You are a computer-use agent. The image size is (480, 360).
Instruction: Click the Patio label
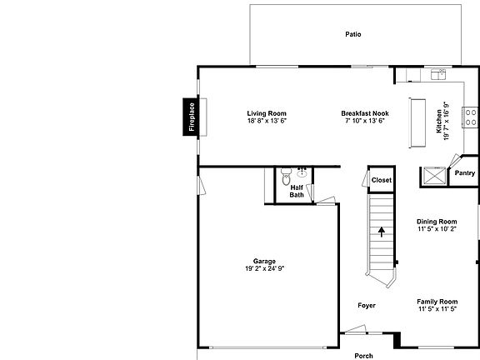point(353,35)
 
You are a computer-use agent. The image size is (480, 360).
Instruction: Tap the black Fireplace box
point(192,117)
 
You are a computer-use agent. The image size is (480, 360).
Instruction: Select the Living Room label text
point(267,113)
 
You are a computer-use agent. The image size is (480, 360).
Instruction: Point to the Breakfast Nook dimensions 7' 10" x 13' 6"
point(364,121)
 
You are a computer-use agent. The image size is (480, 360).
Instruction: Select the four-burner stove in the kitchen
point(470,117)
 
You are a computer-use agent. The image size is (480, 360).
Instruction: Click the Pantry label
point(463,174)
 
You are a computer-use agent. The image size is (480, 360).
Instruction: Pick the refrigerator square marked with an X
point(433,176)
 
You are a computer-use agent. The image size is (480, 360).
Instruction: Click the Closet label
point(381,180)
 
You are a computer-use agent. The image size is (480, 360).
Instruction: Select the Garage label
point(265,261)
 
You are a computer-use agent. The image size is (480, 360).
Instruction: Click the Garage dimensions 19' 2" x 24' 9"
point(265,268)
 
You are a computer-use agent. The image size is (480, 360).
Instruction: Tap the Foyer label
point(367,306)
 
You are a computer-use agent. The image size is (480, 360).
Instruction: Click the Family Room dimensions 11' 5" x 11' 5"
point(437,309)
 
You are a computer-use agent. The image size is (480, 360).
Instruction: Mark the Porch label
point(363,355)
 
